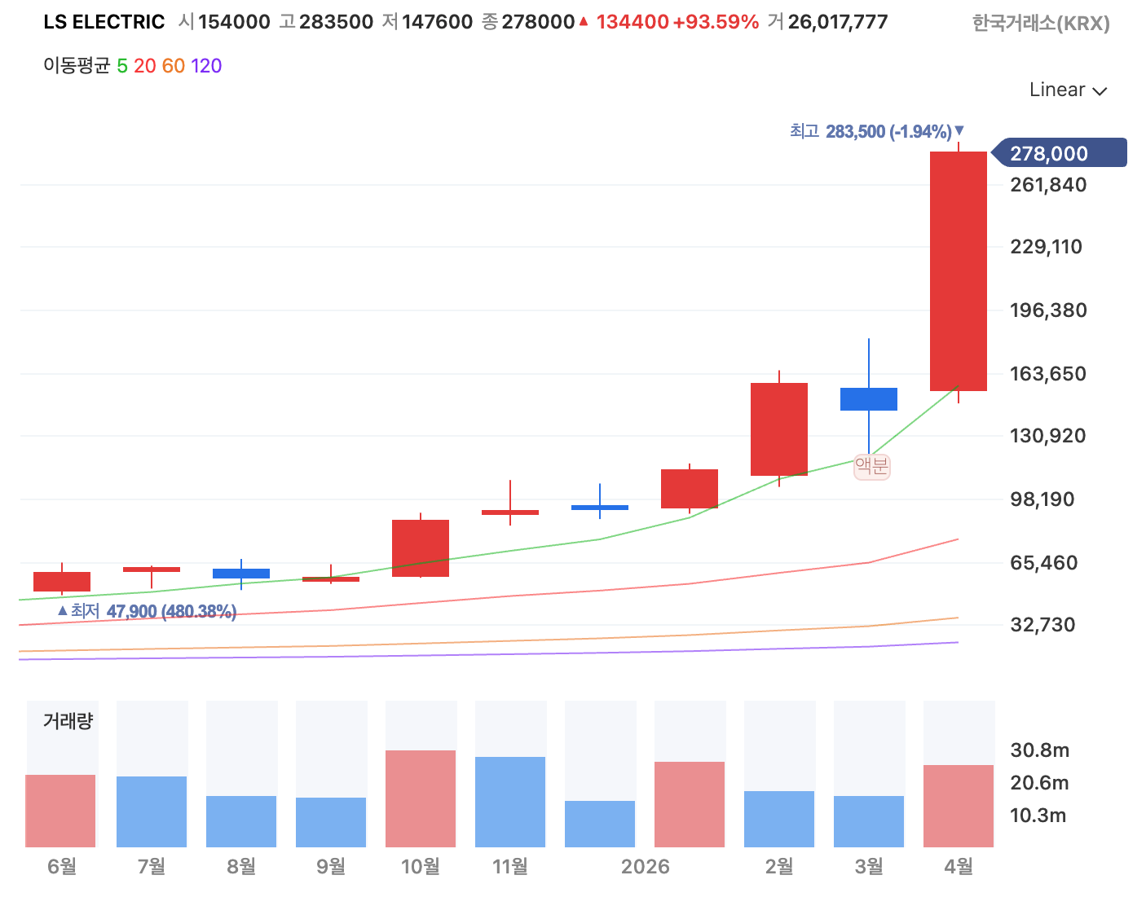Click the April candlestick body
(958, 271)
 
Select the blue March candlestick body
(869, 398)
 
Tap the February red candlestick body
(779, 429)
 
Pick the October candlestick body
(420, 548)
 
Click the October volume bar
(420, 798)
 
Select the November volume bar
(509, 802)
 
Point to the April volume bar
(958, 806)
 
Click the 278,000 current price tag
(1059, 153)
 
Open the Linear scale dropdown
(1067, 90)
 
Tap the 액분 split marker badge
(871, 466)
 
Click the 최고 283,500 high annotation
(876, 131)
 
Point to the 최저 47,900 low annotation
(147, 610)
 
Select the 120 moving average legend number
(206, 66)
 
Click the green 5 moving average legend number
(122, 66)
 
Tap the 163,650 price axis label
(1047, 374)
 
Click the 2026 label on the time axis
(645, 866)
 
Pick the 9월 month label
(331, 866)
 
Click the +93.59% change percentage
(716, 22)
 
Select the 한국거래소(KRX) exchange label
(1041, 23)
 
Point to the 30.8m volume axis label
(1039, 750)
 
